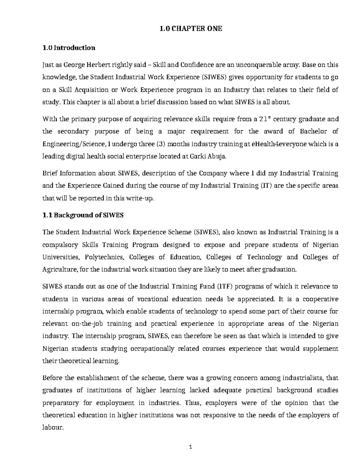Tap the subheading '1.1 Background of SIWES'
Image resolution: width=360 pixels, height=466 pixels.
83,215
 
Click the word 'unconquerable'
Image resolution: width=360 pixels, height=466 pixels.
260,65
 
